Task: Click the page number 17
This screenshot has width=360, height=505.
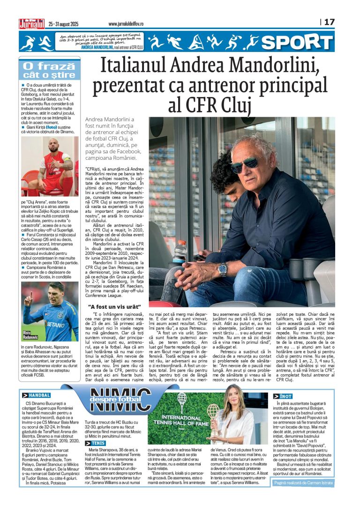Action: pyautogui.click(x=330, y=22)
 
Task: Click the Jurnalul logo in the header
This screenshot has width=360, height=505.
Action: pyautogui.click(x=31, y=23)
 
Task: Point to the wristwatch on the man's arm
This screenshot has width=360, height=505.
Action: pyautogui.click(x=222, y=268)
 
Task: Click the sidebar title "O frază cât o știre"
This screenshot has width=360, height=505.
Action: pyautogui.click(x=48, y=71)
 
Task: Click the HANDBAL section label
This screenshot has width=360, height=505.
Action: pyautogui.click(x=38, y=395)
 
